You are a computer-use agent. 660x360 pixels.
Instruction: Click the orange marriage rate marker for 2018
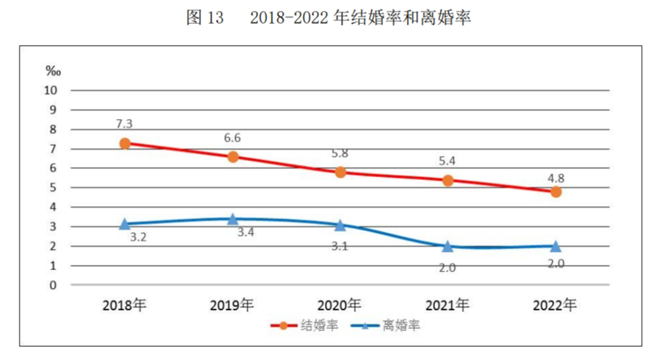click(125, 144)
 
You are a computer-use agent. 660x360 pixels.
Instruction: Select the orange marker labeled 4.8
click(556, 192)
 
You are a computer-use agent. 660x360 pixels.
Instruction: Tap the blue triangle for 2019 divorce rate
click(233, 219)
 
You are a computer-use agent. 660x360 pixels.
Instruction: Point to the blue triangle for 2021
click(447, 247)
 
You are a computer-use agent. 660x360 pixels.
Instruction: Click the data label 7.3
click(125, 124)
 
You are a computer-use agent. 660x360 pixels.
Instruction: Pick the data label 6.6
click(233, 138)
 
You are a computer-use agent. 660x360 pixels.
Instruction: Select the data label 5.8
click(340, 154)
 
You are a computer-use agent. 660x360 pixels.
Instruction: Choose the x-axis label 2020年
click(340, 306)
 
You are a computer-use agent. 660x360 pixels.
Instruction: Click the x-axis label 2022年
click(556, 306)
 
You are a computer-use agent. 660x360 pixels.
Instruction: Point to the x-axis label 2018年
click(125, 306)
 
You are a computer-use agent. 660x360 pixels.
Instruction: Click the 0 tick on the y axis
click(53, 285)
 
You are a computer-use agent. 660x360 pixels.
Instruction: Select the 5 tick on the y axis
click(53, 188)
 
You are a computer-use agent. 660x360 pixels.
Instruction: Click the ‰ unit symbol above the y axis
click(53, 71)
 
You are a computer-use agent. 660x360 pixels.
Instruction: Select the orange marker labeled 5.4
click(447, 180)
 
